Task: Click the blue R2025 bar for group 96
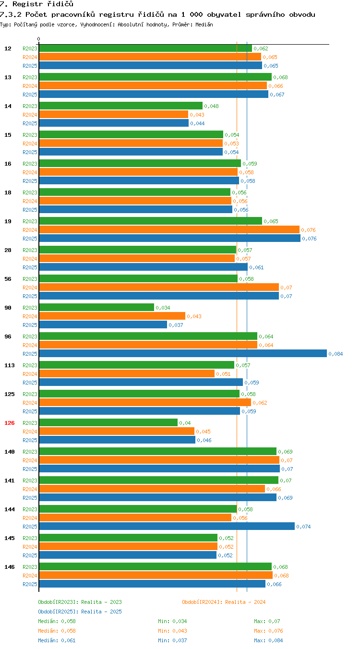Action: [183, 353]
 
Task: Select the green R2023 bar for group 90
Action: [97, 307]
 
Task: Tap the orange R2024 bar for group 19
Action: [169, 230]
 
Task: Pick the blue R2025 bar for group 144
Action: [167, 526]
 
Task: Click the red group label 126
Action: [9, 423]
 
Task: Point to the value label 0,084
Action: [336, 354]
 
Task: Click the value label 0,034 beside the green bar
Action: [163, 308]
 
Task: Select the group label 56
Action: [8, 279]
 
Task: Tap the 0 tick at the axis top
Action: [38, 39]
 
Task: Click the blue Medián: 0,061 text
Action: [57, 640]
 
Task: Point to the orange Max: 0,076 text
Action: [268, 630]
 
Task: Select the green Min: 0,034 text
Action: [172, 621]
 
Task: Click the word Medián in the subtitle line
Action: [204, 24]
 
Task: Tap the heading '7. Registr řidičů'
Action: [36, 4]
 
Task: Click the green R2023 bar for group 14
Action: [121, 106]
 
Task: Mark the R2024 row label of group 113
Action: [30, 374]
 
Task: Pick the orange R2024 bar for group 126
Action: [117, 431]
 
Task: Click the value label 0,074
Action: [303, 527]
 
